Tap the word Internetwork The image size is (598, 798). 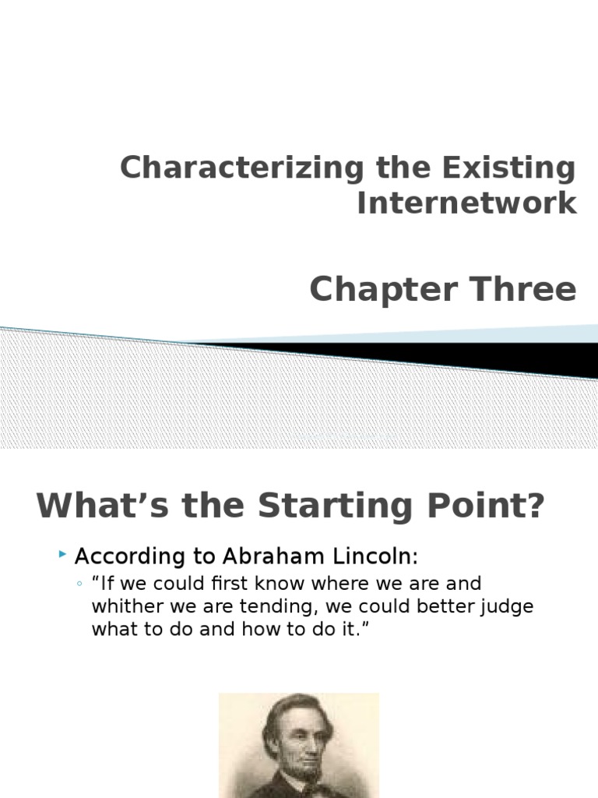pyautogui.click(x=466, y=203)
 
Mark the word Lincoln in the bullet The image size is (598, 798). pyautogui.click(x=378, y=557)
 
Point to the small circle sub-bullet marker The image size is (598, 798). pyautogui.click(x=80, y=584)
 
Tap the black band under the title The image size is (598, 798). pyautogui.click(x=467, y=355)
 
